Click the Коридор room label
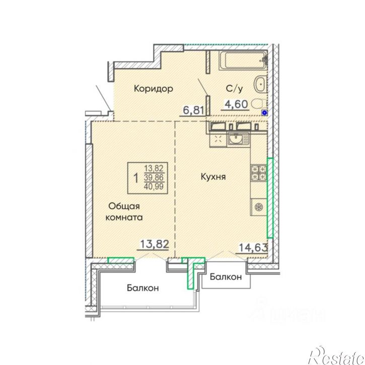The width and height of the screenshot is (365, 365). [154, 89]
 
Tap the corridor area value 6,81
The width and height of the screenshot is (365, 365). [193, 110]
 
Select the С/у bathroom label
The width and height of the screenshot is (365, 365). [235, 89]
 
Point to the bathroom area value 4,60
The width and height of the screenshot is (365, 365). [236, 104]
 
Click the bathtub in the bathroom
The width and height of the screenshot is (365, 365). [243, 60]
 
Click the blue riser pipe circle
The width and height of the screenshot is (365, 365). [264, 113]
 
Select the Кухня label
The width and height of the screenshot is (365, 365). [213, 177]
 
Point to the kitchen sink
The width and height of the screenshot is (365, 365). [238, 139]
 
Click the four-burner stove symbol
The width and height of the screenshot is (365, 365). [258, 173]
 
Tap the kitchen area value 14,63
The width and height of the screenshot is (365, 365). [253, 248]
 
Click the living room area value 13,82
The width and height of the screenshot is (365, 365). [155, 244]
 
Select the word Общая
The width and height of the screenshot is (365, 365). [124, 206]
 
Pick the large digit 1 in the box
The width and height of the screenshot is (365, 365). [135, 178]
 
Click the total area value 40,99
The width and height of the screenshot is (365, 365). [154, 186]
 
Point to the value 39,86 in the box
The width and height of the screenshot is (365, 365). [154, 177]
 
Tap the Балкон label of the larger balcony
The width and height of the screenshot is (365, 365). [142, 288]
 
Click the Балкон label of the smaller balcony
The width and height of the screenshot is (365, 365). [226, 277]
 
